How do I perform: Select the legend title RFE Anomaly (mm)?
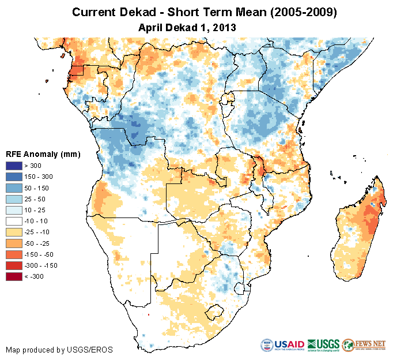click(x=43, y=155)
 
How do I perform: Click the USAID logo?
click(x=282, y=345)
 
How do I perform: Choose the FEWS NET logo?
click(x=364, y=345)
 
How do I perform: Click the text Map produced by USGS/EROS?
click(x=59, y=350)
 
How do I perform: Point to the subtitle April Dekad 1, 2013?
click(x=187, y=27)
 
